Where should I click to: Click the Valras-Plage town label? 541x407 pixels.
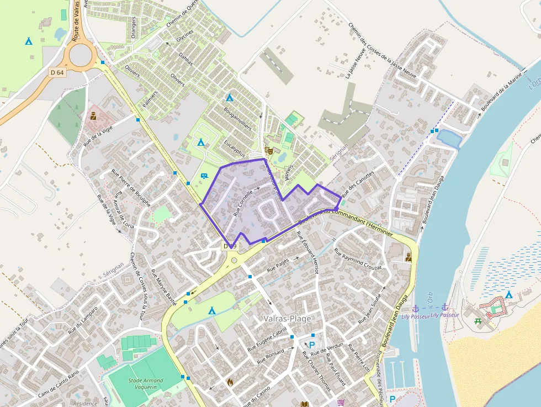[287, 319]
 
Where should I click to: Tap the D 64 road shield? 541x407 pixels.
[57, 72]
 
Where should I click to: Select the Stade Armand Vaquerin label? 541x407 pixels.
[146, 384]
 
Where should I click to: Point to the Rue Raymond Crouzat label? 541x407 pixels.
[358, 259]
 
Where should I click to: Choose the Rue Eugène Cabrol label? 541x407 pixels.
[268, 340]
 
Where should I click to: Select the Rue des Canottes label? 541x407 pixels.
[358, 184]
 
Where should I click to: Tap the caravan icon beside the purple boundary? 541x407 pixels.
[204, 176]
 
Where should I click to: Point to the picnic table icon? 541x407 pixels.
[478, 320]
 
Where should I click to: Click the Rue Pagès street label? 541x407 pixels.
[278, 266]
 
